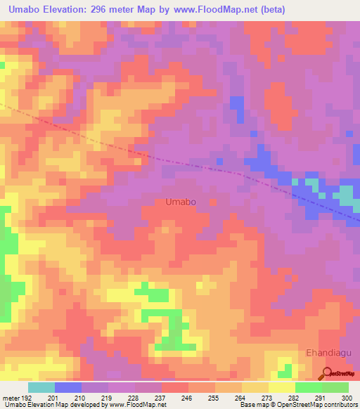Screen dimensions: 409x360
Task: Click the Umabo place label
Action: coord(181,202)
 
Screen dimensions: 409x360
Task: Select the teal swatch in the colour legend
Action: coord(41,387)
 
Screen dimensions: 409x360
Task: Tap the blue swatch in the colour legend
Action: coord(68,387)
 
